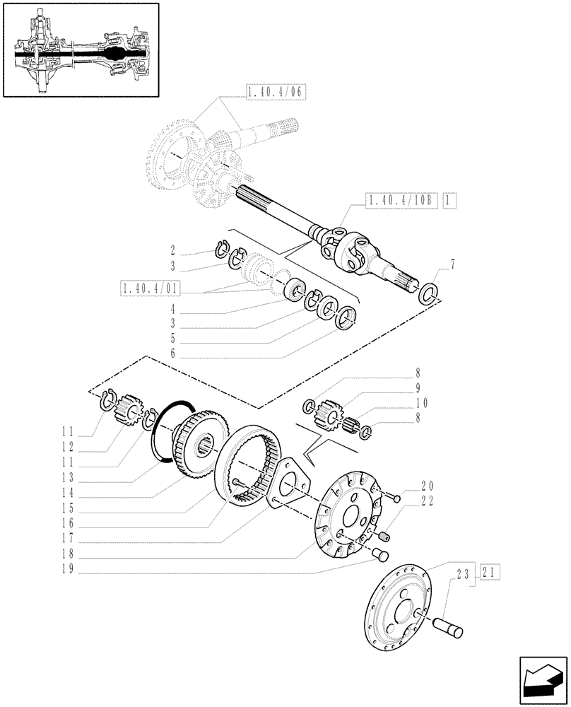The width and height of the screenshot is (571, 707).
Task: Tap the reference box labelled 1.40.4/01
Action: (x=150, y=288)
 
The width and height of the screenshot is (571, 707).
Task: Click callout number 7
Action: (x=452, y=265)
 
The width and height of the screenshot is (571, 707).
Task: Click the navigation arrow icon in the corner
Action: (x=542, y=679)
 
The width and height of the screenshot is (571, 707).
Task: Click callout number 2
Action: (x=172, y=250)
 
